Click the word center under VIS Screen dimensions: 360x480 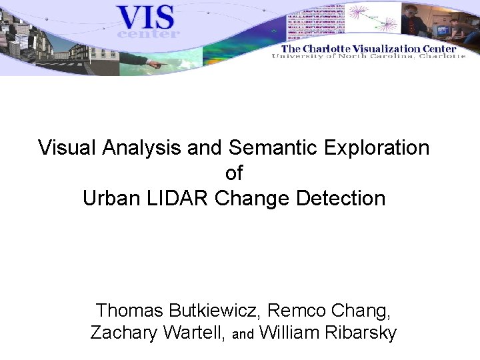[x=148, y=33]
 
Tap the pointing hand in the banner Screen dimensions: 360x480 [x=157, y=65]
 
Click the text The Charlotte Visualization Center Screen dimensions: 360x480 [x=369, y=48]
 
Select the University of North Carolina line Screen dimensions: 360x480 [x=369, y=57]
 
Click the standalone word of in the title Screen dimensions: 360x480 [x=234, y=173]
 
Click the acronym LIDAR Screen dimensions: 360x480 [x=175, y=199]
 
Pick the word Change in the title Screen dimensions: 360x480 [x=253, y=199]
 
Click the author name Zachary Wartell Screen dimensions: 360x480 [x=157, y=333]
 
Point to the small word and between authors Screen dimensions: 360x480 [x=243, y=335]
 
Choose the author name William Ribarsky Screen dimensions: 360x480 [x=327, y=333]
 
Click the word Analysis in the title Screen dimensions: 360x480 [x=141, y=148]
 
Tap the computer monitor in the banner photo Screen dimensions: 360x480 [x=442, y=30]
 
